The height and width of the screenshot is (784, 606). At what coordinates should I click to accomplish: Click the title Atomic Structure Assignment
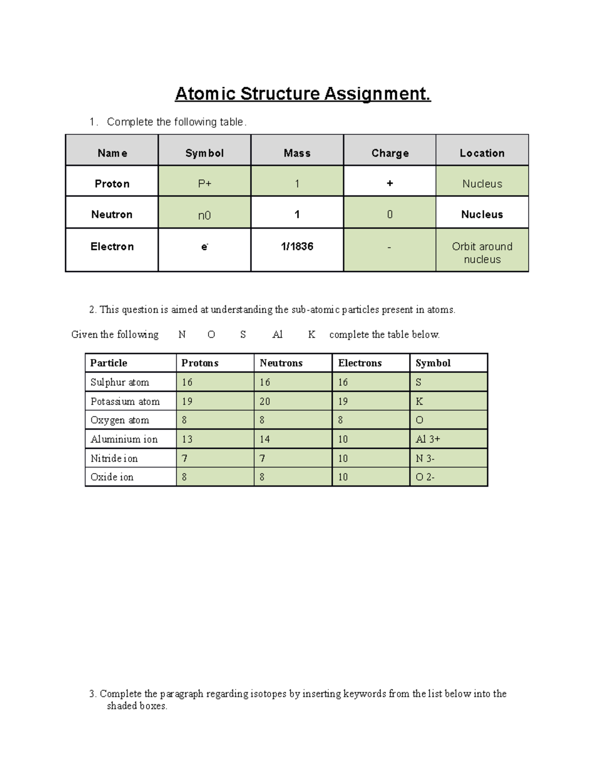[x=302, y=94]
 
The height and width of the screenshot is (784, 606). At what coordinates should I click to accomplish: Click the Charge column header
[x=389, y=153]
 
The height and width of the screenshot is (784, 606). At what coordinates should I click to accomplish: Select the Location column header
[x=482, y=153]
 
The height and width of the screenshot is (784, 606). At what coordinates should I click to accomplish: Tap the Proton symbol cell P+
[x=205, y=184]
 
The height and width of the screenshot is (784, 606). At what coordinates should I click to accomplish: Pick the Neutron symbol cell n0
[x=204, y=216]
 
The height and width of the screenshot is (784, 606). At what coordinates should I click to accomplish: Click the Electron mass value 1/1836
[x=297, y=246]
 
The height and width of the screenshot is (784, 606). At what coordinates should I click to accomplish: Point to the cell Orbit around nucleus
[x=482, y=252]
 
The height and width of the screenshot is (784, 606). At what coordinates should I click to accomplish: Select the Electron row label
[x=112, y=246]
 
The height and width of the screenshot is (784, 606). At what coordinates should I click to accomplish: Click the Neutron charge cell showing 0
[x=389, y=215]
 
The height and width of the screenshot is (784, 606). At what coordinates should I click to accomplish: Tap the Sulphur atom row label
[x=120, y=382]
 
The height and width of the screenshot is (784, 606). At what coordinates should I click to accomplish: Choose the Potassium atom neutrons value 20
[x=265, y=401]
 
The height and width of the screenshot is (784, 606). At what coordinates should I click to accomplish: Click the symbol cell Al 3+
[x=428, y=439]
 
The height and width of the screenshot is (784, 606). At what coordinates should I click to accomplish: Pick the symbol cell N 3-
[x=425, y=458]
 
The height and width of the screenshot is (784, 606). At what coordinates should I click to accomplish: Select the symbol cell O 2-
[x=425, y=477]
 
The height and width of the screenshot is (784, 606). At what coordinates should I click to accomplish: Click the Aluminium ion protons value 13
[x=187, y=439]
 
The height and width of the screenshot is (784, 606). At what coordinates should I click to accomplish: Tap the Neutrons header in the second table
[x=281, y=363]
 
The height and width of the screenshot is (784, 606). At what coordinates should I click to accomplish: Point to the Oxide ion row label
[x=112, y=477]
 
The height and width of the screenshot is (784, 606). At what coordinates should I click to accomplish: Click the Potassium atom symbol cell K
[x=419, y=401]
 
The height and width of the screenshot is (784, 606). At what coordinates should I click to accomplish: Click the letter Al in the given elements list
[x=277, y=334]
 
